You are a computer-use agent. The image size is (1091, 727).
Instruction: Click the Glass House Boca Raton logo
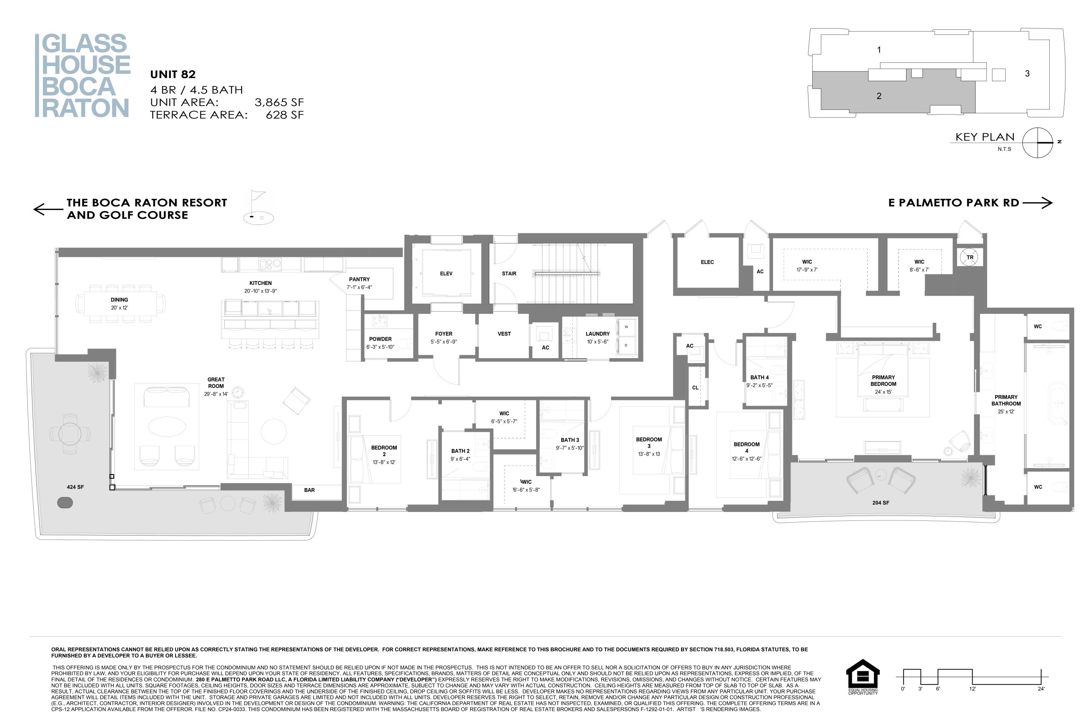point(83,75)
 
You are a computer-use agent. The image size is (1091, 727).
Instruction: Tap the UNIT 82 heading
point(173,74)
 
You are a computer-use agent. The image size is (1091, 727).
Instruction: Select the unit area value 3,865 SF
point(279,103)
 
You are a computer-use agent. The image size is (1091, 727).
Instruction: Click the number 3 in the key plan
point(1027,73)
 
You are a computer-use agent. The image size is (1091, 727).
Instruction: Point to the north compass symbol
point(1038,143)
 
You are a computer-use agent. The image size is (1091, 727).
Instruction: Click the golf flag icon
point(258,207)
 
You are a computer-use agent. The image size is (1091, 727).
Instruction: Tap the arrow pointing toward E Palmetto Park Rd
point(1037,203)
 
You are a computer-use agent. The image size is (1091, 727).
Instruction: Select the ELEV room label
point(446,273)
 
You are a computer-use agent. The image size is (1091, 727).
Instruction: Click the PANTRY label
point(360,279)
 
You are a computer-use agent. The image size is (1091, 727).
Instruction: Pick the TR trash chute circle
point(970,257)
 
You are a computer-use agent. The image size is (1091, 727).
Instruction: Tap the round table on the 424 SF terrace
point(70,434)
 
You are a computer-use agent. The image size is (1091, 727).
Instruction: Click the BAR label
point(309,490)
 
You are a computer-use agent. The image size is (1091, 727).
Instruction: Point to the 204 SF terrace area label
point(880,503)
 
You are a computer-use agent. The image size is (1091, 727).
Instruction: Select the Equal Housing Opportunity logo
point(863,676)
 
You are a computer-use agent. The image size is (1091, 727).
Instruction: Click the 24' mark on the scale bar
point(1042,689)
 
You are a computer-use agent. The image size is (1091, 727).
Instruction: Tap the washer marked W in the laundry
point(626,327)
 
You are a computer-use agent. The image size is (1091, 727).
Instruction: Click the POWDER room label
point(381,339)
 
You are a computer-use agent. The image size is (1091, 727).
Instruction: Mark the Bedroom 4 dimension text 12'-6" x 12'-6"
point(746,459)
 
